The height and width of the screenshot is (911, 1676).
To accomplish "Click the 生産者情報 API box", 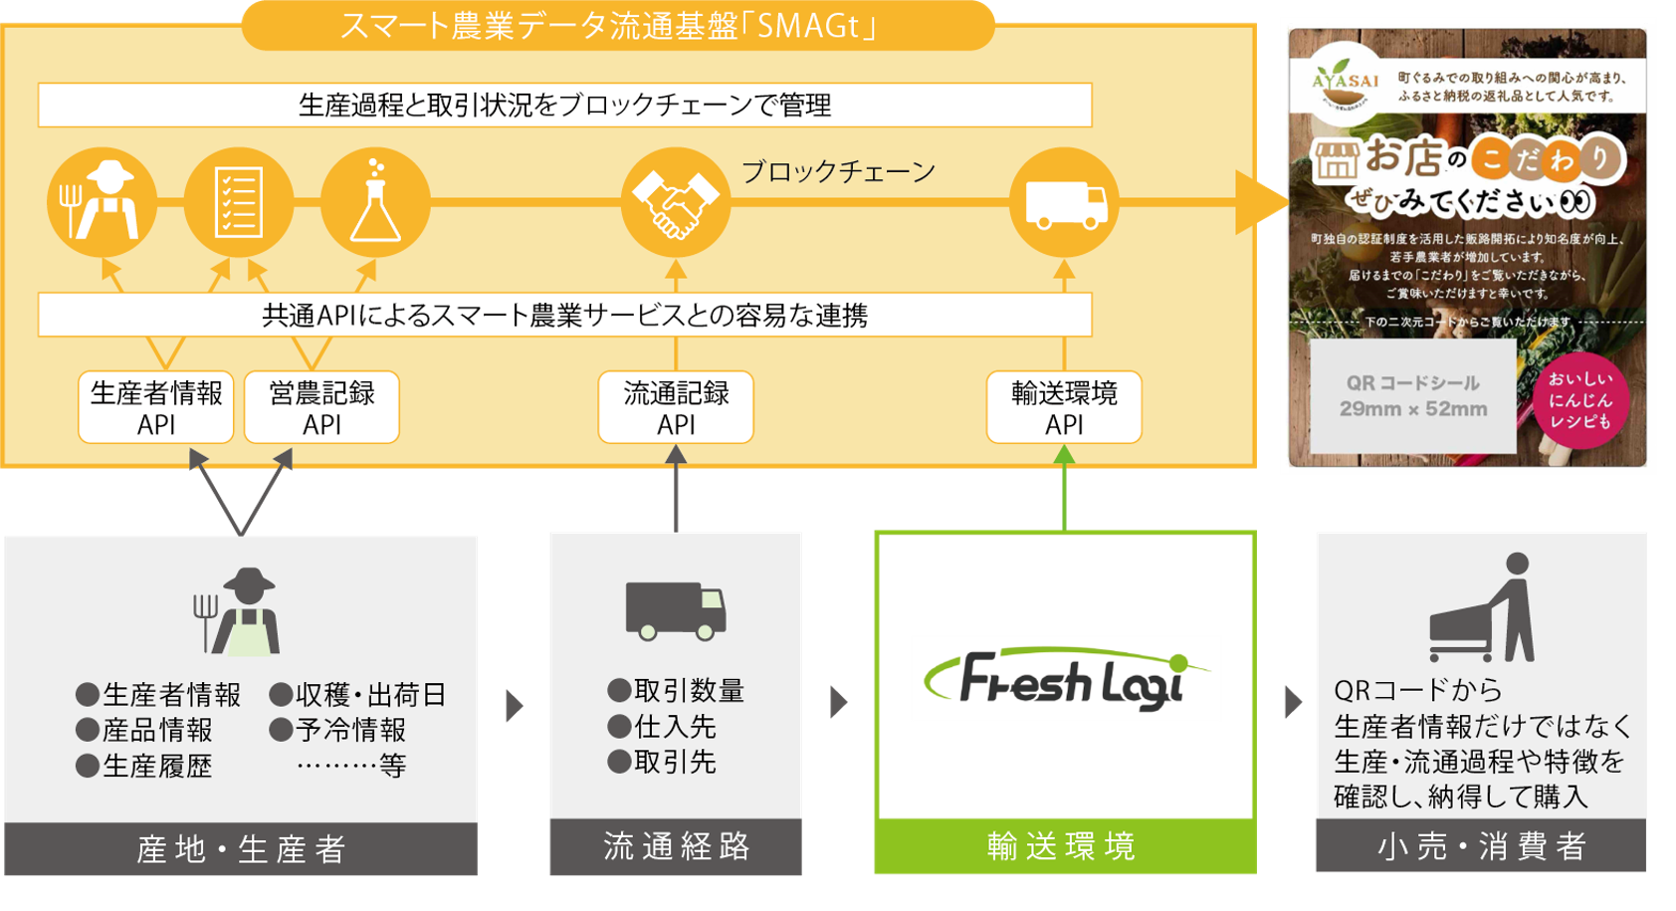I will (156, 407).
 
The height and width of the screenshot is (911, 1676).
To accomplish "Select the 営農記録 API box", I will (321, 407).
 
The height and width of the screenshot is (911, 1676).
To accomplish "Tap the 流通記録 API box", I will (676, 407).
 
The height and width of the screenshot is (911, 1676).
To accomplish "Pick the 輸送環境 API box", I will (1064, 407).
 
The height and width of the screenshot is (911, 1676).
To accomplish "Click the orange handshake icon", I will (676, 203).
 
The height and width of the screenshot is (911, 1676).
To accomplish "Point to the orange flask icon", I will (375, 203).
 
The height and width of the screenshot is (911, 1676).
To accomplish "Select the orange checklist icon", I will (239, 203).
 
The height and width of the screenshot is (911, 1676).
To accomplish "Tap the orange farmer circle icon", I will (102, 203).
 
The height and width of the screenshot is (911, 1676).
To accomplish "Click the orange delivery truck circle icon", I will (1064, 203).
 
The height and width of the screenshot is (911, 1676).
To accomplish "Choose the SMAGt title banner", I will (617, 26).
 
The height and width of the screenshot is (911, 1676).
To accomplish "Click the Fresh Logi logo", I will (1066, 681).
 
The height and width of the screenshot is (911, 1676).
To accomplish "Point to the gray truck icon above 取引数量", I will (676, 609).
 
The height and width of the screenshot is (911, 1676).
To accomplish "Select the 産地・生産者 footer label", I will (241, 849).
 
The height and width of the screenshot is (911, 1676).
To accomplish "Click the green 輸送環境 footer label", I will (1064, 847).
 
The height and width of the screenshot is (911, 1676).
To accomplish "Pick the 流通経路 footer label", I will (676, 847).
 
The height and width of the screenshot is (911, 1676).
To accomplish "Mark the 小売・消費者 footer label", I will (1481, 847).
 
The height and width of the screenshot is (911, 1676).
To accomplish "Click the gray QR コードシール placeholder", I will (1413, 396).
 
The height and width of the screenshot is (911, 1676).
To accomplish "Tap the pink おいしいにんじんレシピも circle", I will (1579, 400).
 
